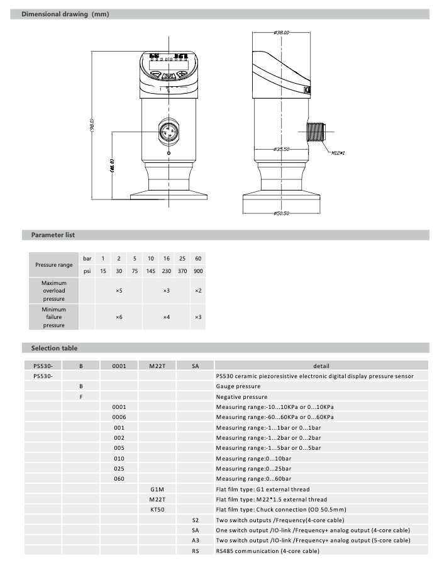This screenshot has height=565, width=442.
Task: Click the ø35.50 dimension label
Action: click(x=281, y=149)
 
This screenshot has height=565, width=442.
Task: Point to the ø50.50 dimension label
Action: click(x=281, y=214)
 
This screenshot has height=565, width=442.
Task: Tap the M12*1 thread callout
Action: click(x=338, y=152)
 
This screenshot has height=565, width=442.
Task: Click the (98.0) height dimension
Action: click(x=92, y=126)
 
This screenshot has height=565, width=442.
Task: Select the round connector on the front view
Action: click(x=169, y=133)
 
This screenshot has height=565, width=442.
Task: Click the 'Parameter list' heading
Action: click(x=53, y=235)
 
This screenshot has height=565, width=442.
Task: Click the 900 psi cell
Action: click(x=198, y=271)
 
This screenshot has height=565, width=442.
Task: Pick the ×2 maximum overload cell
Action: click(x=198, y=291)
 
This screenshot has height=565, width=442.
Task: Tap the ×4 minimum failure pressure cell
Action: click(x=166, y=317)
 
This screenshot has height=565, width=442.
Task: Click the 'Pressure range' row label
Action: click(x=53, y=265)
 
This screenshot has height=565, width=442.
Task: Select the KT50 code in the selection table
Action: click(x=157, y=510)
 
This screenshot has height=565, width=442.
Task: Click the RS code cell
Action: click(x=196, y=551)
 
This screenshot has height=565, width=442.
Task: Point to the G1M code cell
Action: click(x=157, y=489)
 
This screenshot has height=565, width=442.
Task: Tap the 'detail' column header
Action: click(x=321, y=366)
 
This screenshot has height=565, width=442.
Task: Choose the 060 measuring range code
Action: click(x=119, y=479)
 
